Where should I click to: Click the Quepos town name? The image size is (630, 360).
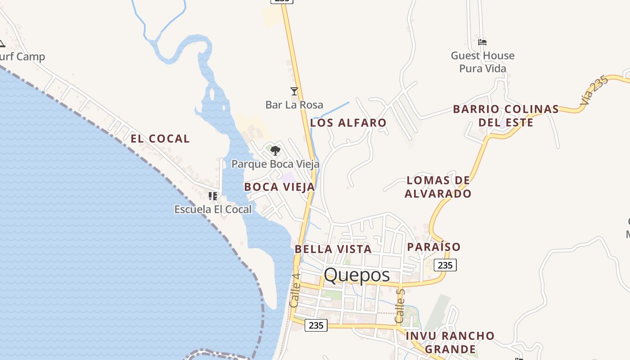click(x=356, y=275)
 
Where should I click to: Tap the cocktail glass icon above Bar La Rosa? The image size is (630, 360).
click(x=294, y=91)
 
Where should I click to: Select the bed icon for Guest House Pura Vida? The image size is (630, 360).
click(x=482, y=42)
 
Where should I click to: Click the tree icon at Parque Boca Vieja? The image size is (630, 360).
click(x=275, y=151)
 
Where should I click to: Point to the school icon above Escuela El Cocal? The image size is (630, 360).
click(x=212, y=196)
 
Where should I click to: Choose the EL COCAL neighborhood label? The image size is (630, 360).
click(x=160, y=139)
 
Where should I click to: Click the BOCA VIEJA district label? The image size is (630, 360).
click(x=279, y=187)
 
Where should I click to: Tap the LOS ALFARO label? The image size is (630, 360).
click(x=348, y=122)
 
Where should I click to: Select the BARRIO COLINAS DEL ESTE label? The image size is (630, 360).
click(x=506, y=116)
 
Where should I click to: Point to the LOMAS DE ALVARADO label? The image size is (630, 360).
click(x=438, y=187)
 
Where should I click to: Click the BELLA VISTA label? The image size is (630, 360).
click(x=333, y=249)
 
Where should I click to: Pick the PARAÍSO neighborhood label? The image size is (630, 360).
click(x=434, y=247)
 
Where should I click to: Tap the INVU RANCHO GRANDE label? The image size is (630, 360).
click(x=450, y=342)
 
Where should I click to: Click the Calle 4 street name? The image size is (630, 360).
click(x=295, y=291)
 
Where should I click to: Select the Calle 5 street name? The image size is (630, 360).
click(x=400, y=306)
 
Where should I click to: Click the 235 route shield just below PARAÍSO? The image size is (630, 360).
click(x=445, y=265)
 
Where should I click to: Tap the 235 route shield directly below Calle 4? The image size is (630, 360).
click(x=316, y=325)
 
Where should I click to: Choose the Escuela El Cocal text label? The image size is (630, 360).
click(x=213, y=209)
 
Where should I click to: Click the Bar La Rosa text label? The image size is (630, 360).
click(x=294, y=105)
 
